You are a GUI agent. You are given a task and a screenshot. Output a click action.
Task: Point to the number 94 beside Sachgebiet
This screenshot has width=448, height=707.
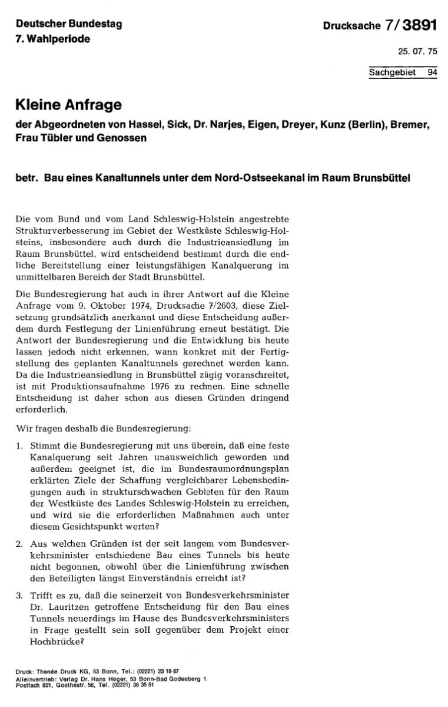pyautogui.click(x=432, y=73)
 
